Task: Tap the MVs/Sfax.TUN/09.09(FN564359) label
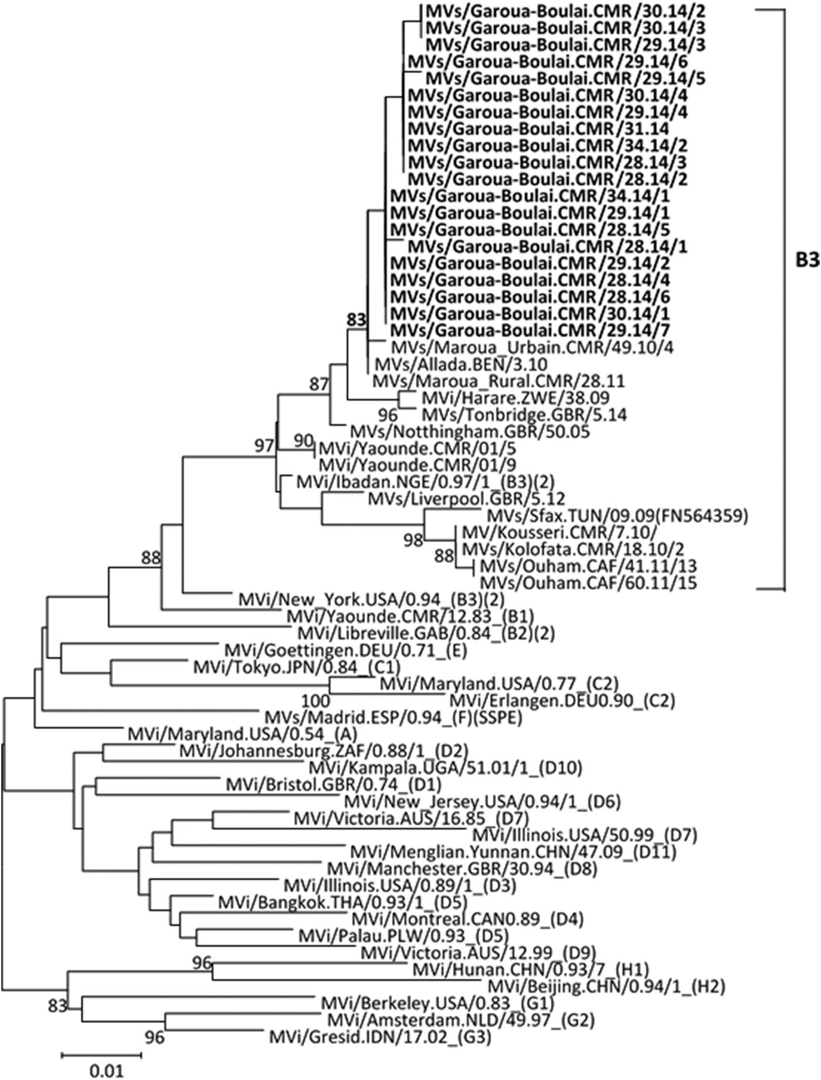tap(618, 516)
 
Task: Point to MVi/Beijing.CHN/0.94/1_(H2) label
tap(606, 987)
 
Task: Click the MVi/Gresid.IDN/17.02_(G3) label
tap(380, 1037)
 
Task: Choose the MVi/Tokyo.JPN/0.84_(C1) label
tap(297, 667)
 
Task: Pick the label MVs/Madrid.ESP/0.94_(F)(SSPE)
tap(393, 717)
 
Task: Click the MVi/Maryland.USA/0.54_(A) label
tap(243, 734)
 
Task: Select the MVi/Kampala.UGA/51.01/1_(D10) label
tap(445, 767)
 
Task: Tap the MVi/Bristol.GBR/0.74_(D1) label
tap(334, 784)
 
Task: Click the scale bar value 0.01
tap(107, 1071)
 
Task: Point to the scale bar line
tap(101, 1055)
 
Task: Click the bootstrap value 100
tap(315, 701)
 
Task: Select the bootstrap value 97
tap(264, 446)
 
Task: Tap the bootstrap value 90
tap(303, 440)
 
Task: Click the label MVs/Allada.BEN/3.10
tap(460, 365)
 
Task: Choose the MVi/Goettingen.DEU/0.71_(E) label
tap(345, 650)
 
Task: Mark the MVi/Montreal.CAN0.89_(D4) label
tap(467, 919)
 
